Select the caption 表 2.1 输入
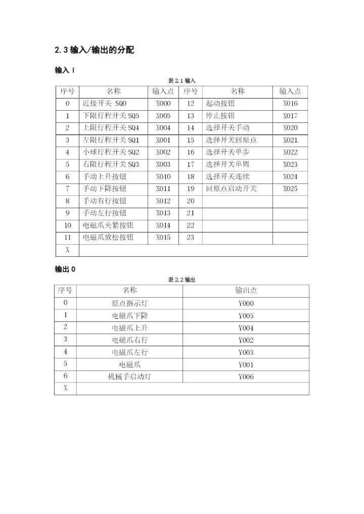pos(181,81)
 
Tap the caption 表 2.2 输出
pos(181,279)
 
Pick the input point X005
pos(163,116)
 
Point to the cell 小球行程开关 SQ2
pos(111,152)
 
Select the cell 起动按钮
pos(220,104)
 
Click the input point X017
pos(290,116)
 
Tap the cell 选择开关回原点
pos(231,140)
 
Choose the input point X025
pos(290,189)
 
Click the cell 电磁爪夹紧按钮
pos(108,225)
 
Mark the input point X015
pos(163,237)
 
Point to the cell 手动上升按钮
pos(105,176)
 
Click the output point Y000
pos(246,304)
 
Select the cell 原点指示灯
pos(129,304)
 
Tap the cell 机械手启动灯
pos(129,377)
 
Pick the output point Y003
pos(246,352)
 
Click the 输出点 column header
pos(246,291)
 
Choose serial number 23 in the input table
pos(190,237)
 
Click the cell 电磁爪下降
pos(129,316)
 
